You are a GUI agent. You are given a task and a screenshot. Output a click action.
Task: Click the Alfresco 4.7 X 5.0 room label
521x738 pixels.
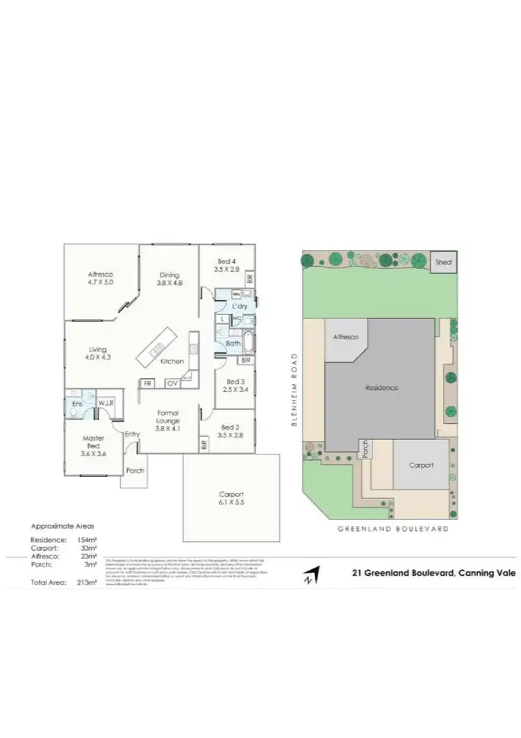(x=101, y=279)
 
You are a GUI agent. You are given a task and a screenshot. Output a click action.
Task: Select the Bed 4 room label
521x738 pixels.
(x=226, y=264)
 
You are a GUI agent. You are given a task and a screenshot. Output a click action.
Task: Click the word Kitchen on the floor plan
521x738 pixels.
(x=172, y=361)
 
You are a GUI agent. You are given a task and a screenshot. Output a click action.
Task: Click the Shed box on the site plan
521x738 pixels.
(x=443, y=262)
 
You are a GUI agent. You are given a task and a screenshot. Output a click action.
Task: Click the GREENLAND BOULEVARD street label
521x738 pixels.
(x=392, y=529)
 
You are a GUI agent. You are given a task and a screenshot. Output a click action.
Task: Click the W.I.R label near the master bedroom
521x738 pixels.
(x=106, y=402)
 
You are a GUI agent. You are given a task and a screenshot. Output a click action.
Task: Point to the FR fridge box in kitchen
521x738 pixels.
(x=147, y=383)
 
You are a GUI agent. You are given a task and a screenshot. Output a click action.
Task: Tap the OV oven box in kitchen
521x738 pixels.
(x=172, y=383)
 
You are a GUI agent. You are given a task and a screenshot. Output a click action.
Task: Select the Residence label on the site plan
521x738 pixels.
(x=382, y=388)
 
